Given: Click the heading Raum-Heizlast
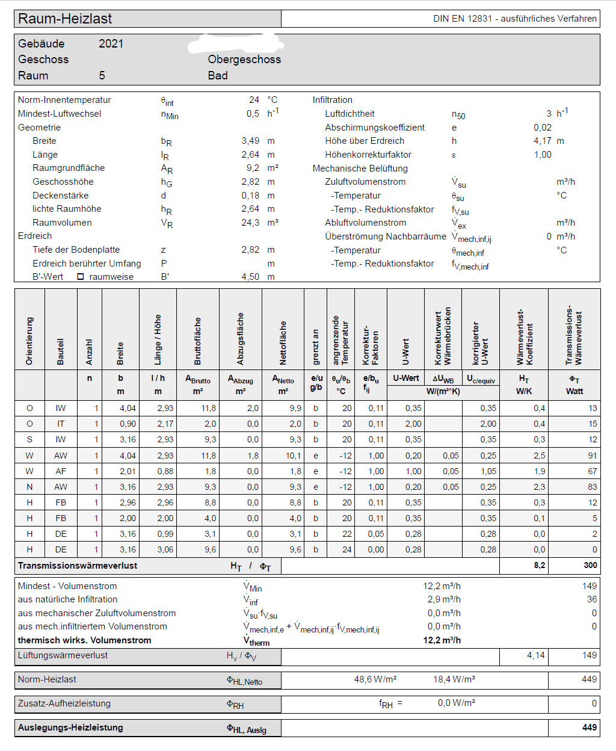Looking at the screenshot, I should [x=65, y=19].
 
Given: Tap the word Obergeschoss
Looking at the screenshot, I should [x=244, y=60].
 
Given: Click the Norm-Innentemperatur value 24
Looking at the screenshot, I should [x=254, y=100].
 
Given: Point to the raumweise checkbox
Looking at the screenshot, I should [x=81, y=277].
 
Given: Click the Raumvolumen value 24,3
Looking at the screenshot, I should [x=250, y=223].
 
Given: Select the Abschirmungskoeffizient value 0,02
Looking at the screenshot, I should [x=542, y=128].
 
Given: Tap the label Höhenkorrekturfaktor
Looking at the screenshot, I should [x=368, y=155].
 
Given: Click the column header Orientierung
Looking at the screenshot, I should [x=29, y=341].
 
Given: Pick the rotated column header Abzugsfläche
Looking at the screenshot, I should [x=241, y=338].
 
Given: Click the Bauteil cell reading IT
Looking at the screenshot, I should [x=61, y=424].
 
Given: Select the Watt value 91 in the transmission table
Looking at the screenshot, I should [x=593, y=456].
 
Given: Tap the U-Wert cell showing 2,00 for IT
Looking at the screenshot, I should [x=413, y=424].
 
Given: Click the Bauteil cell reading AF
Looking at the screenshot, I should [x=61, y=471].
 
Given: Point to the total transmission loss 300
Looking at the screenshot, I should [x=590, y=566].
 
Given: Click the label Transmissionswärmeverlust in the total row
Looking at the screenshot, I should [x=78, y=566].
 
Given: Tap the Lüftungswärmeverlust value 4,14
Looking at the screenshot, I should [x=535, y=655].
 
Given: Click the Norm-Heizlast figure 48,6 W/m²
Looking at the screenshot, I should [x=375, y=679].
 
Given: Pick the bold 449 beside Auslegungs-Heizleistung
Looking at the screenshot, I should [x=590, y=728].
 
